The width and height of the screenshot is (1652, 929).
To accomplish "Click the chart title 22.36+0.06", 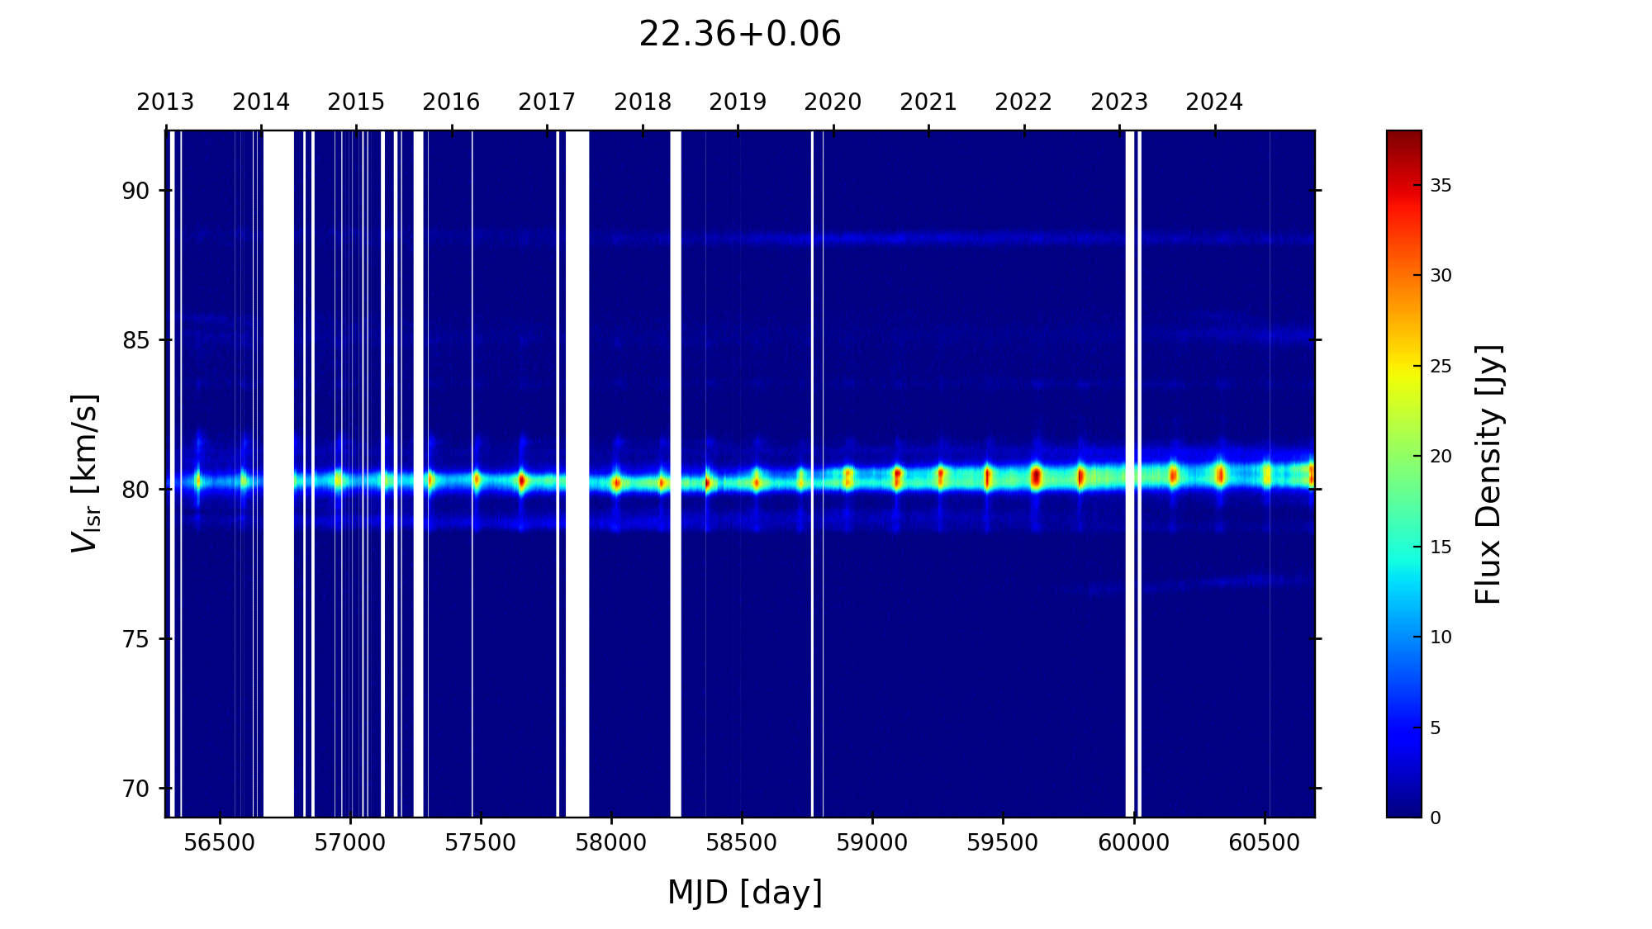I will coord(739,35).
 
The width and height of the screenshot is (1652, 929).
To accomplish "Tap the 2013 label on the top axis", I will coord(165,102).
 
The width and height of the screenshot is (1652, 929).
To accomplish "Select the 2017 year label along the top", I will coord(547,102).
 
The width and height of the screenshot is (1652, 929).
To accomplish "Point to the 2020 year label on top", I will coord(833,102).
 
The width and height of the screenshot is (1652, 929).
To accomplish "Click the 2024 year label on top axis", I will coord(1214,102).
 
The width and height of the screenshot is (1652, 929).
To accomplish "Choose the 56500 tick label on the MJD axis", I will coord(220,843).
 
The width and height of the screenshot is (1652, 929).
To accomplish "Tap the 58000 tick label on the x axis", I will coord(611,843).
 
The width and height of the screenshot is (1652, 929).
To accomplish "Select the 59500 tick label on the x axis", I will coord(1003,843).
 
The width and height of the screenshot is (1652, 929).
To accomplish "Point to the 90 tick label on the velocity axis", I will coord(135,191).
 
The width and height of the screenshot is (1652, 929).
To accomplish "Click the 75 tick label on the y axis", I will coord(135,639).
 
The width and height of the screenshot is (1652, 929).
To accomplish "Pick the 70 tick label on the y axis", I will coord(135,789).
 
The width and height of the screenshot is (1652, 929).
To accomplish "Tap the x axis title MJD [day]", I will coord(745,893).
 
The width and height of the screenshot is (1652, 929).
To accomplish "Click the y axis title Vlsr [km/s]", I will coord(85,473).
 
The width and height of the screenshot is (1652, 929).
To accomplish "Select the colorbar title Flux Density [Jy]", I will coord(1488,474).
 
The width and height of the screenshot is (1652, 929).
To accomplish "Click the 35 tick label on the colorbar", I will coord(1441,186).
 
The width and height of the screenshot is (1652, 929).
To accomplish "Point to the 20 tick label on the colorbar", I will coord(1441,457).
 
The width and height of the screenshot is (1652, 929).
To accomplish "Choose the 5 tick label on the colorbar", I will coord(1436,728).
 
